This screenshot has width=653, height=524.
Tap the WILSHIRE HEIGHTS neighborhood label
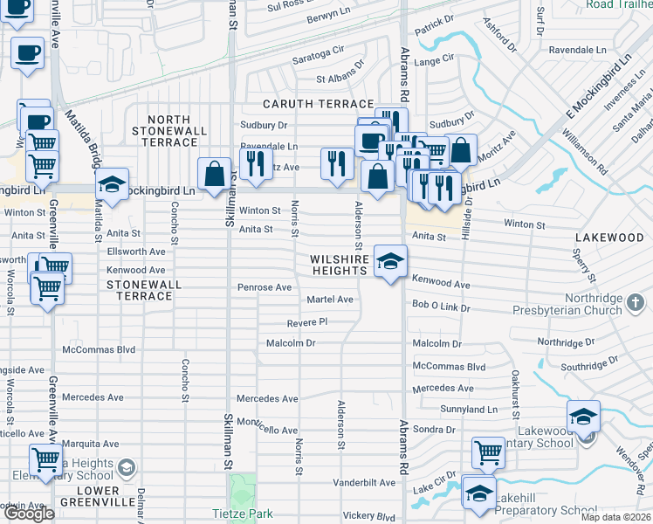[340, 265]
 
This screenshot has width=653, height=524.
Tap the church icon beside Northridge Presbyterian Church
[636, 302]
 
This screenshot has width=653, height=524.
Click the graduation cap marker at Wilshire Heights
[390, 261]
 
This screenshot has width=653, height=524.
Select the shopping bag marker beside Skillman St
[215, 175]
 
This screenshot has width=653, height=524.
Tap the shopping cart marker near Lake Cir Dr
[488, 452]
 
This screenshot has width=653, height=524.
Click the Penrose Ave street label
[265, 287]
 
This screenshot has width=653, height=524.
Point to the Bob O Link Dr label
[441, 308]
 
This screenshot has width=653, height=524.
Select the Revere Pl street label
[306, 321]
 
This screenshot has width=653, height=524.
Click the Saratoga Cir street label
[318, 53]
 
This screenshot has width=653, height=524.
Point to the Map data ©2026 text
[615, 517]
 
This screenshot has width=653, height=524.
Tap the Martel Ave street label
[329, 300]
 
